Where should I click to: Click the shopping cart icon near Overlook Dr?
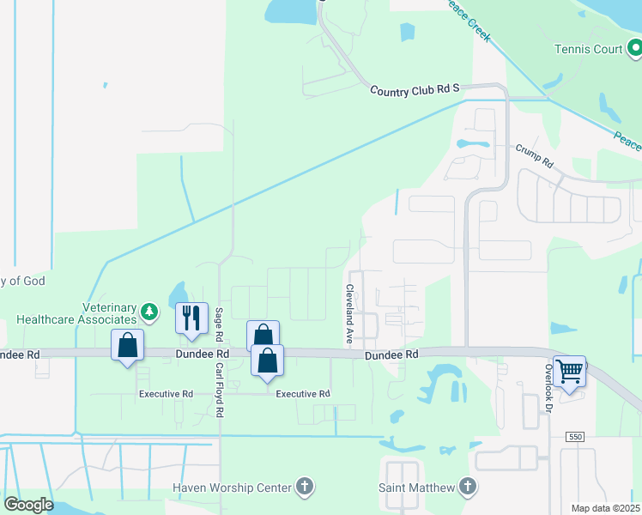[569, 372]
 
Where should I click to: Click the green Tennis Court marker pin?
[634, 49]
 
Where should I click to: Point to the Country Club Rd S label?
[415, 89]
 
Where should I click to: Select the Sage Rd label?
[220, 325]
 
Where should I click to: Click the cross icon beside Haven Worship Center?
[304, 488]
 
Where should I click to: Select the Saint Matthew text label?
[416, 488]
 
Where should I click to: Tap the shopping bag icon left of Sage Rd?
[127, 346]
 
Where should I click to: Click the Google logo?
[28, 505]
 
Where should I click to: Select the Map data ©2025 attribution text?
[604, 508]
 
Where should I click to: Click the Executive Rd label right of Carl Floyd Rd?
[302, 393]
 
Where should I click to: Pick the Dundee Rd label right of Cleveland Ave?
[391, 354]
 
